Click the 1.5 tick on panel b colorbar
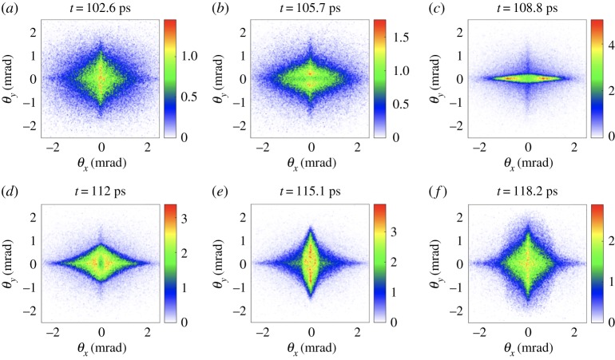(399, 38)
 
